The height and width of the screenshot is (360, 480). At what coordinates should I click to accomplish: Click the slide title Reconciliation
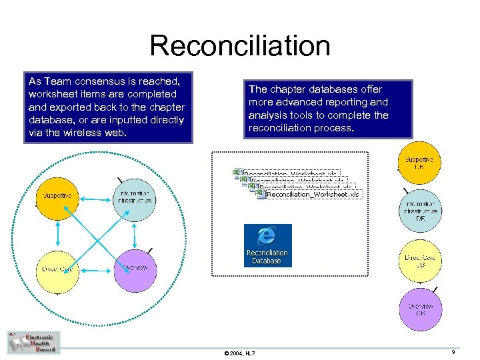(x=239, y=46)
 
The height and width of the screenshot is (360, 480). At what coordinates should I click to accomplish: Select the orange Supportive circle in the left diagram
(x=57, y=197)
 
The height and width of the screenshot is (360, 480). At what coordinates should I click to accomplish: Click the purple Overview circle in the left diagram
(x=136, y=267)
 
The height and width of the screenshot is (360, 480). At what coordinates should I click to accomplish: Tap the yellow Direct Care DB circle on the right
(x=420, y=261)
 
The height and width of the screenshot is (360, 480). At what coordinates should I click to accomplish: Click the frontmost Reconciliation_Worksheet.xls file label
(x=312, y=195)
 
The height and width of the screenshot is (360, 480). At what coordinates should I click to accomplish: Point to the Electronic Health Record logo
(x=33, y=342)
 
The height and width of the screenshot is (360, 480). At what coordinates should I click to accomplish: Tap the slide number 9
(x=453, y=351)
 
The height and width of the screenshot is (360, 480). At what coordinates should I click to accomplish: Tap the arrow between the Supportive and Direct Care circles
(x=58, y=233)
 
